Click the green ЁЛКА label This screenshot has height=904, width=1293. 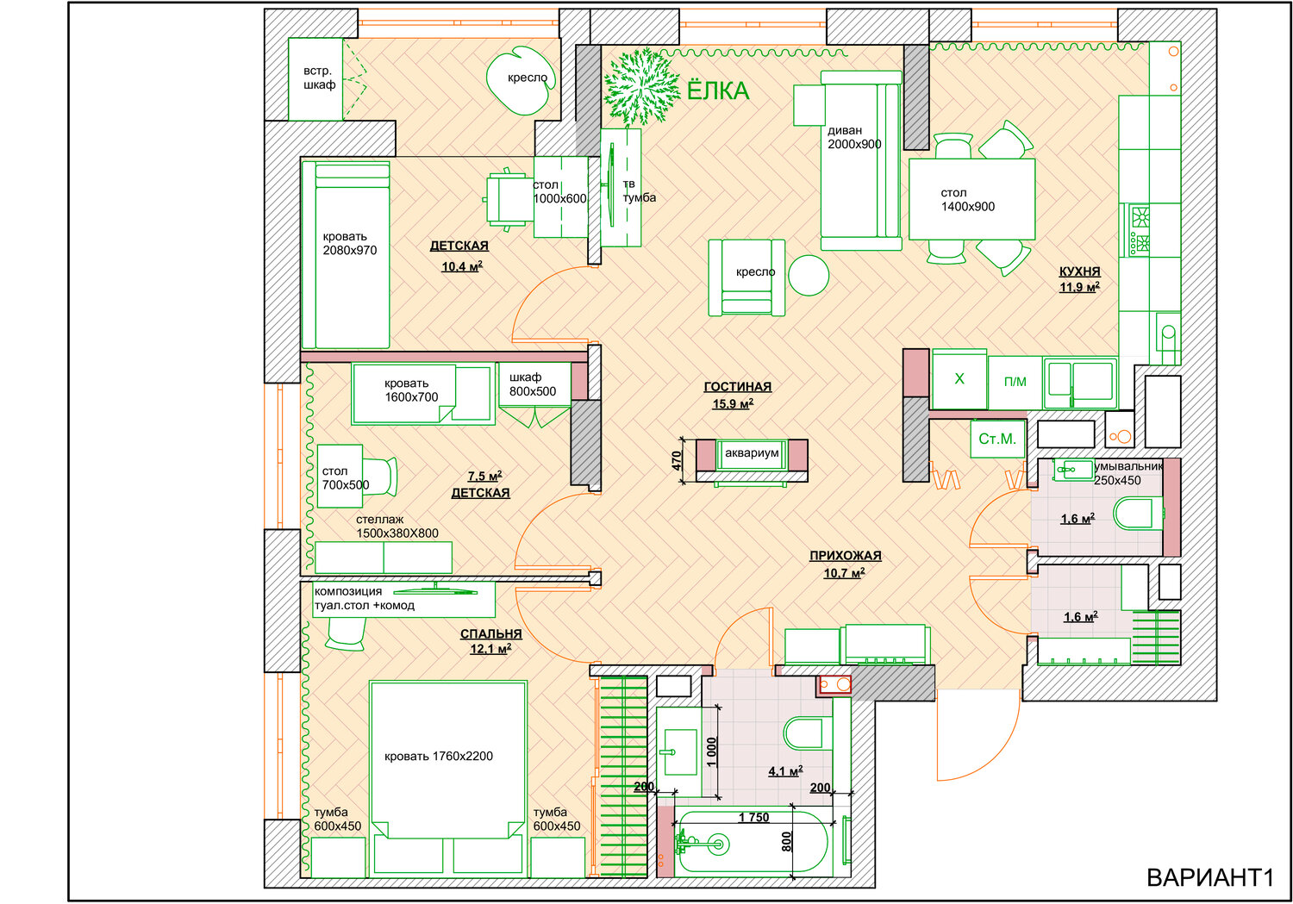pos(717,90)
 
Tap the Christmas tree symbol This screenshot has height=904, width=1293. pos(639,86)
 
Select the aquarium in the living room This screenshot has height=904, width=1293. pos(752,453)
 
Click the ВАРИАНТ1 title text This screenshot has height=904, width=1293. pos(1209,877)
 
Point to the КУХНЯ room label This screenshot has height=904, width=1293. pos(1079,271)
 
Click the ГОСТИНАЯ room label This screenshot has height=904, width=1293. pos(737,387)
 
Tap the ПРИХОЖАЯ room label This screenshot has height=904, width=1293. pos(845,556)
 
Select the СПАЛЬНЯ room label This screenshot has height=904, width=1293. pos(490,634)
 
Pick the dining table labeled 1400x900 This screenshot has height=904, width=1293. pos(971,200)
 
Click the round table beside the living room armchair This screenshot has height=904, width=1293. pos(809,276)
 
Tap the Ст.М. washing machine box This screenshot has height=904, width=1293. pos(997,439)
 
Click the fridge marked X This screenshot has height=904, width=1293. pos(959,379)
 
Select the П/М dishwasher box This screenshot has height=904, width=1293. pos(1015,382)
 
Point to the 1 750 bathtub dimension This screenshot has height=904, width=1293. pos(753,817)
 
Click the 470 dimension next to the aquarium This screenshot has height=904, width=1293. pos(677,461)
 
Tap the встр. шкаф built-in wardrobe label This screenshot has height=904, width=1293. pos(318,78)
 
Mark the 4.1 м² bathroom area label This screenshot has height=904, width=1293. pos(785,771)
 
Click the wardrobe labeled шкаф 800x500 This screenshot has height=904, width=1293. pos(533,384)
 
